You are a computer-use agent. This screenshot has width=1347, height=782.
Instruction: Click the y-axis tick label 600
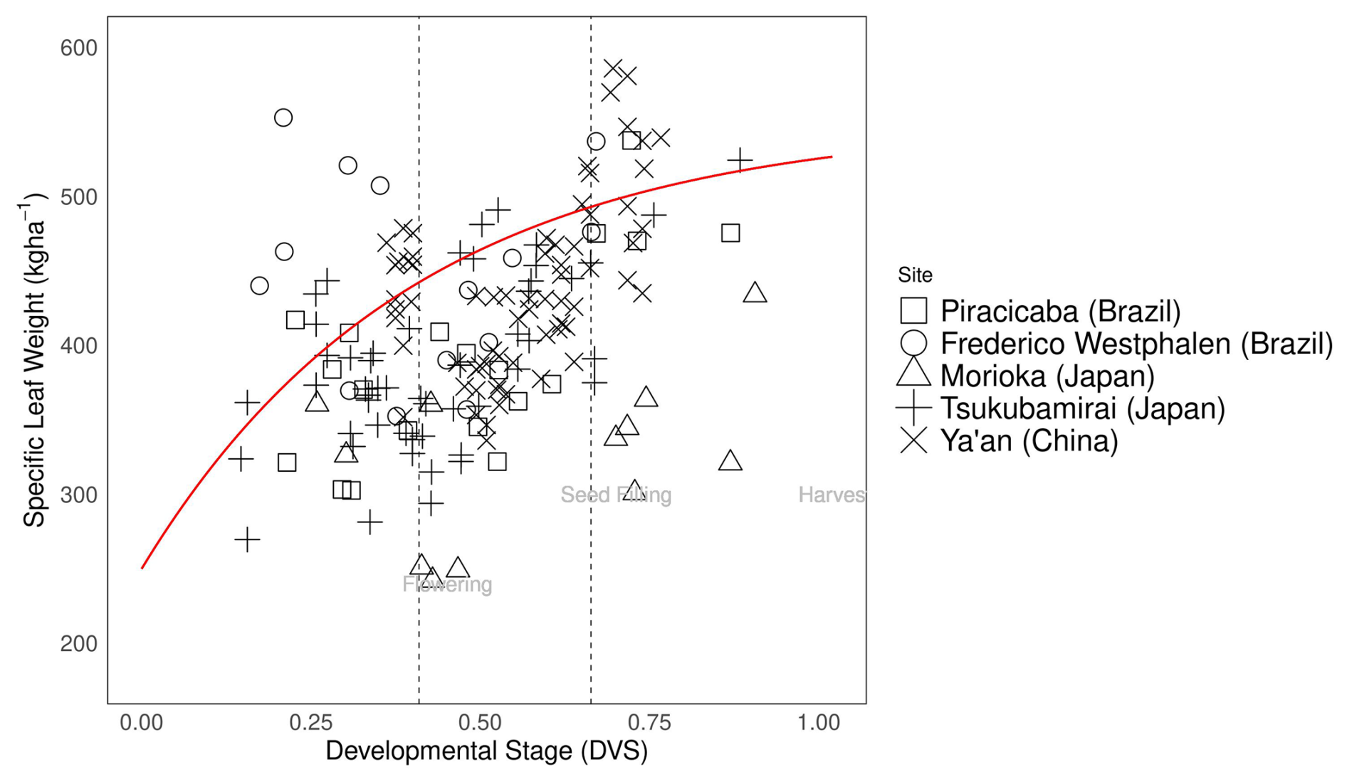point(78,48)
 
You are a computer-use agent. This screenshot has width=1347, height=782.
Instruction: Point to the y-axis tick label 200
point(78,644)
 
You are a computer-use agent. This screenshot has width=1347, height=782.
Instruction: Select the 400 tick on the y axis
point(78,347)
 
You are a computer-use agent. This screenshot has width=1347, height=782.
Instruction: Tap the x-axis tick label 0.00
point(141,723)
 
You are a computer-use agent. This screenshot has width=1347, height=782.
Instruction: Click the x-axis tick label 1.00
point(818,723)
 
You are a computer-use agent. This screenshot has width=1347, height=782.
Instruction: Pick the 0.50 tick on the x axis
point(480,723)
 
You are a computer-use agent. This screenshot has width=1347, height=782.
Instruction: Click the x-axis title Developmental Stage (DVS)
point(486,751)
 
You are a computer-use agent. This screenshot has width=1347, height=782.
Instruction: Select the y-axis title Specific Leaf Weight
point(33,363)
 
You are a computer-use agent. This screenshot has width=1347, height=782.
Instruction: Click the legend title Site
point(915,275)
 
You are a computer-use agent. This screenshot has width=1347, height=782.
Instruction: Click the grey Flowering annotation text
point(447,585)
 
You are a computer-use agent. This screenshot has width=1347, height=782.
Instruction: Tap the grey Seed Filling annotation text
point(616,495)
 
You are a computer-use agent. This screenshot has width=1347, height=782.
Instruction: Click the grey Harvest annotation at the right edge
point(832,495)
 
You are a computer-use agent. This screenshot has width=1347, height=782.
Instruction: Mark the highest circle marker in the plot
point(283,118)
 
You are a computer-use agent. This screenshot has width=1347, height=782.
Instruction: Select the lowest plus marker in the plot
point(247,540)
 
